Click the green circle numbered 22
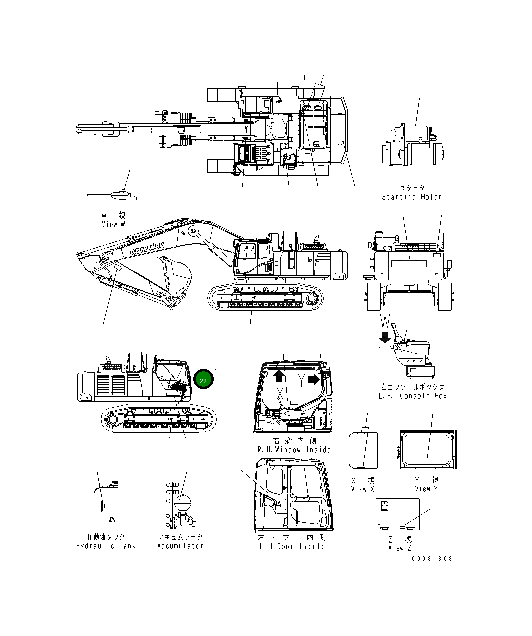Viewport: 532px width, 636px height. click(203, 381)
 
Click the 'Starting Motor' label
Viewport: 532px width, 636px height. click(412, 197)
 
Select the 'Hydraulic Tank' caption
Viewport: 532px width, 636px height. click(106, 546)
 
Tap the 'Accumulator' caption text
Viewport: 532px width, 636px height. click(180, 546)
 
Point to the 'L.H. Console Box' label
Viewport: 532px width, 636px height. click(412, 396)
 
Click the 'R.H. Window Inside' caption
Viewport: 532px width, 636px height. click(294, 450)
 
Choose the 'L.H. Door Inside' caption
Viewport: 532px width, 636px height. click(292, 546)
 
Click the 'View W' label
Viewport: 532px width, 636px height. click(113, 224)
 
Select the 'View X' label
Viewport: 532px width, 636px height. click(362, 489)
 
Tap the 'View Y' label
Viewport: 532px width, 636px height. click(426, 489)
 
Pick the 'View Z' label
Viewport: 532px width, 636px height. click(399, 548)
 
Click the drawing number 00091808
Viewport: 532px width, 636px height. click(432, 558)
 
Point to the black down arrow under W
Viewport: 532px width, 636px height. click(385, 336)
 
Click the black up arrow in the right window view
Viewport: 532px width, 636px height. click(279, 376)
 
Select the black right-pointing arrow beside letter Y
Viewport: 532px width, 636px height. click(314, 379)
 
